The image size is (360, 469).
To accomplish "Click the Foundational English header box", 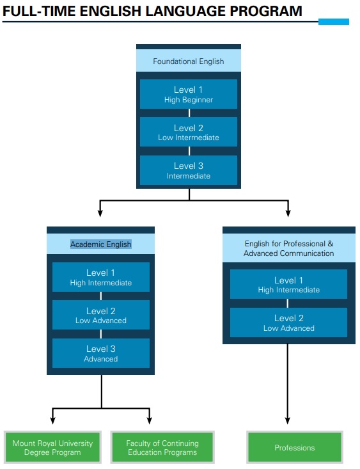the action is pos(189,61).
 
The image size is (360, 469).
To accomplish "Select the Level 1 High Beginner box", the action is pos(189,94).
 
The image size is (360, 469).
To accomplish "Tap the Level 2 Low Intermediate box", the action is pos(189,132).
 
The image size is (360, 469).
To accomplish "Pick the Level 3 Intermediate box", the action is pos(189,170).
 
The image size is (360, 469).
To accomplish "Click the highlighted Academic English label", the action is pos(101,244).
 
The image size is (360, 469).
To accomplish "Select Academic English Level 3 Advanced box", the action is pos(101,353).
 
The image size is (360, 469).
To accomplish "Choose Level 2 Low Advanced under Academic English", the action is pos(101,315).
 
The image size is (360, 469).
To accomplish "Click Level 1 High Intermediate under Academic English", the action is pos(101,277).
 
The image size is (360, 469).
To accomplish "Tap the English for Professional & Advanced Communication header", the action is pos(289,248).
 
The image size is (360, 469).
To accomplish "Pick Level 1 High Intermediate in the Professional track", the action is pos(288,284).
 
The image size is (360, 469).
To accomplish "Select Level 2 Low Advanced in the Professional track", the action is pos(288,322).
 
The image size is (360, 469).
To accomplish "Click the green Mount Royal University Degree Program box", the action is pos(52,447).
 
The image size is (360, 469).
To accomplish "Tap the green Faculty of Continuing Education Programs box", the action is pos(162,447).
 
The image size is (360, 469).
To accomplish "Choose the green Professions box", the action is pos(295,447).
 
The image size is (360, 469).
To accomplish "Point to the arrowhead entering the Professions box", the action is pos(288,420).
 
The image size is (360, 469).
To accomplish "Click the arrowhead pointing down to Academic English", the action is pos(100,212).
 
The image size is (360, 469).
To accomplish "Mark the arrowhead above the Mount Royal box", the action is pos(52,420).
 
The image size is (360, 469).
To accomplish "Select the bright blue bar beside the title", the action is pos(334,22).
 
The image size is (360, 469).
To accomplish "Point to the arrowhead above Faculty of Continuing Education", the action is pos(150,420).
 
